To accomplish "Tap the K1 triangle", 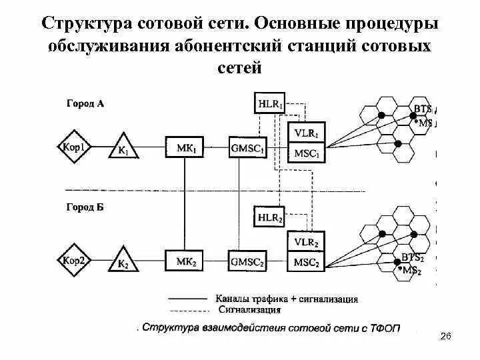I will (124, 148).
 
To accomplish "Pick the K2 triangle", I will (123, 261).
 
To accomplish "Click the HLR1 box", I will (270, 103).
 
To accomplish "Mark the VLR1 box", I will (307, 132).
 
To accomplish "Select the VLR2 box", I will (307, 242).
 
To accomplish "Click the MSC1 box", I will (307, 153).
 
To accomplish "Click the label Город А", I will (85, 103).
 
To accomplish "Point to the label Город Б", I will (85, 208).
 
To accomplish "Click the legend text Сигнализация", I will (249, 309).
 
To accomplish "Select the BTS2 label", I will (412, 257).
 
